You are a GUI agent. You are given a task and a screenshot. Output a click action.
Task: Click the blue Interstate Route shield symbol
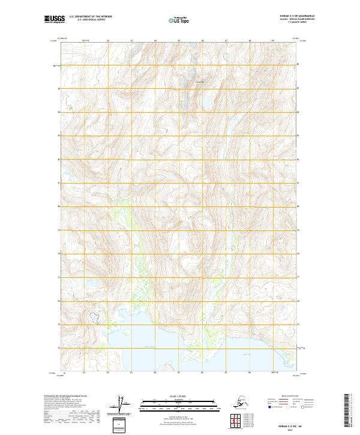[271, 407]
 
